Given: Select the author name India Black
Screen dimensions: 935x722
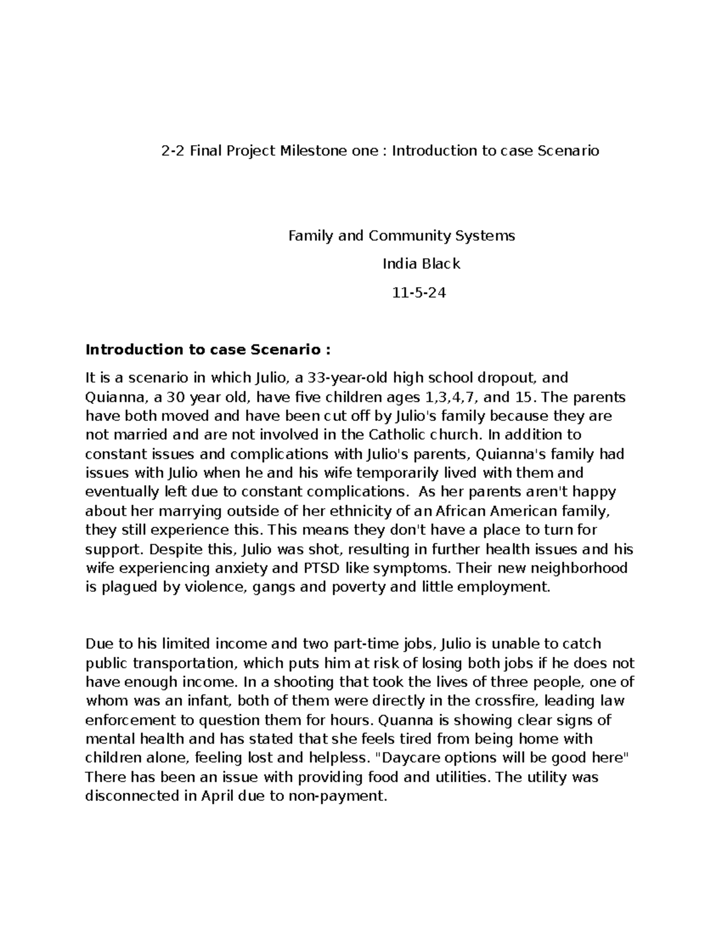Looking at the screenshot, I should coord(421,264).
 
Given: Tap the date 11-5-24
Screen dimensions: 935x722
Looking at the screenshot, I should coord(419,293).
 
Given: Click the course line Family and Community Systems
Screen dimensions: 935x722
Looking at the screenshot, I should coord(402,235).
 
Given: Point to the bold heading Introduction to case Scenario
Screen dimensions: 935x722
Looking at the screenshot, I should coord(208,349).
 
